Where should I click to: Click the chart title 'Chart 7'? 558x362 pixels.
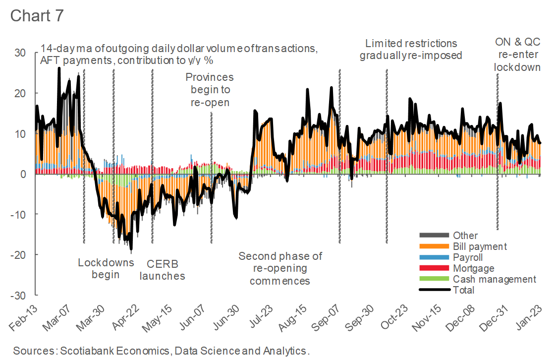click(x=37, y=15)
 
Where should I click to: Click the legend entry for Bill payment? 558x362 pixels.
click(x=480, y=246)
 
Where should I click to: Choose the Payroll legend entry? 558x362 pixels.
click(x=467, y=257)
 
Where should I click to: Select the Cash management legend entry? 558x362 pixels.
click(x=494, y=279)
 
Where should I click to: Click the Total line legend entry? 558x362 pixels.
click(x=463, y=290)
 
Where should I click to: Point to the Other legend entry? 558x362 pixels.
click(x=465, y=236)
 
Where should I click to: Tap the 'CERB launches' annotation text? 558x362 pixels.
click(x=162, y=270)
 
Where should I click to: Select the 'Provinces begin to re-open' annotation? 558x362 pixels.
click(x=210, y=90)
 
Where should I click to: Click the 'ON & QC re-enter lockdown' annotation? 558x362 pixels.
click(x=517, y=55)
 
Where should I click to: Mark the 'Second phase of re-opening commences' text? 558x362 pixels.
click(x=280, y=268)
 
